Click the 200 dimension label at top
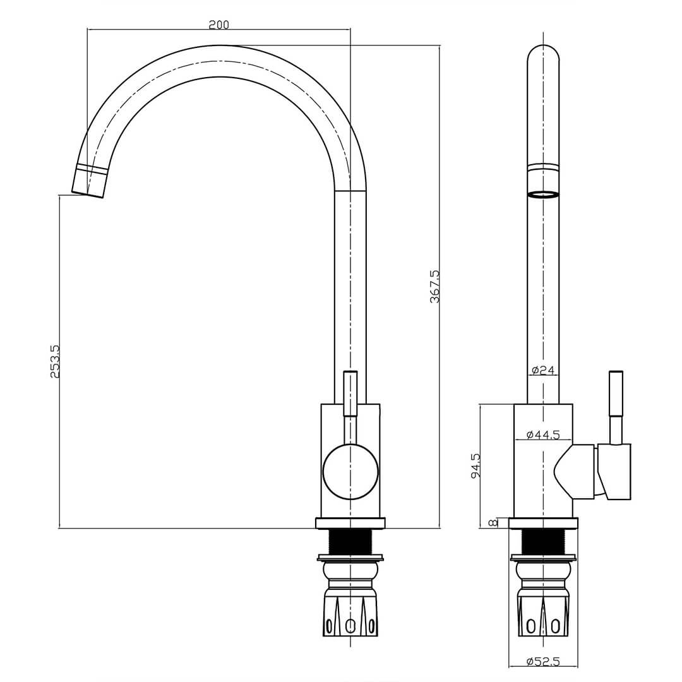click(x=218, y=25)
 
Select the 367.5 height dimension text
click(x=435, y=287)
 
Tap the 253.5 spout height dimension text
click(x=55, y=361)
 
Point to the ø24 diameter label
click(x=543, y=371)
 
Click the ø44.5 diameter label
click(x=543, y=434)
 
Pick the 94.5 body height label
click(x=476, y=465)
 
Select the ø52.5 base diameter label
click(x=543, y=661)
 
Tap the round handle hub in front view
click(x=350, y=472)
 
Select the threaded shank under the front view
click(x=350, y=542)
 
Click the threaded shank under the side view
click(x=543, y=542)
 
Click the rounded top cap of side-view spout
click(x=543, y=53)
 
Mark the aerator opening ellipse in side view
click(x=543, y=194)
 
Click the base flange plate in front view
click(x=350, y=523)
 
